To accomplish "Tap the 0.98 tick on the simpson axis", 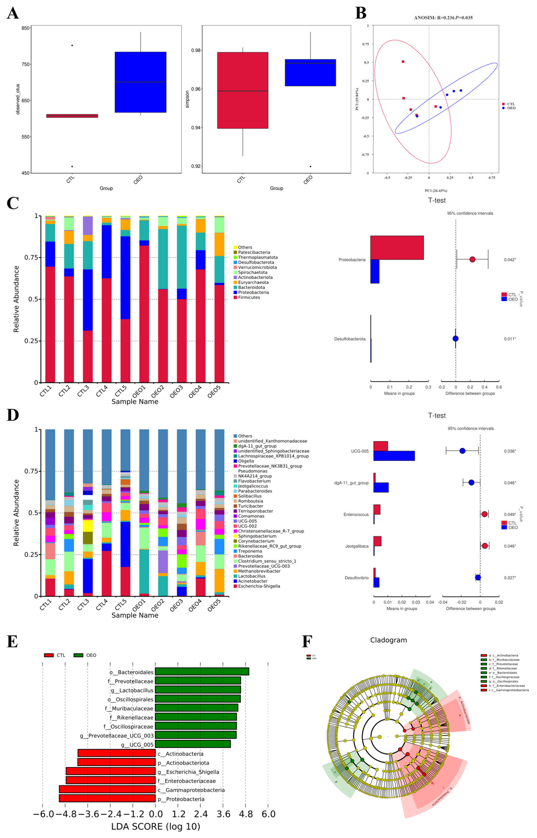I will [x=196, y=51].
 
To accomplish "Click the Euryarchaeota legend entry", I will [x=253, y=282].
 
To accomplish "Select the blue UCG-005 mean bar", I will [x=394, y=456].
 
